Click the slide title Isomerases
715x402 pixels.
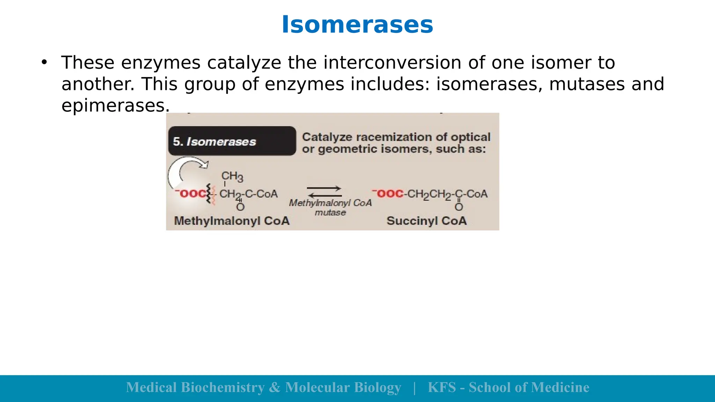click(357, 25)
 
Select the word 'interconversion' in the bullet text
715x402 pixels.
click(392, 63)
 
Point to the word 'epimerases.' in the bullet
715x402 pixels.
click(116, 105)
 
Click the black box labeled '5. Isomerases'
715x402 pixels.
click(232, 141)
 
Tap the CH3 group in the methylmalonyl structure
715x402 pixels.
click(232, 177)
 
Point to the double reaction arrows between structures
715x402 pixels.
click(324, 192)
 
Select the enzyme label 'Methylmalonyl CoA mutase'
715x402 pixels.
click(330, 207)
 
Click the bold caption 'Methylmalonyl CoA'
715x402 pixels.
click(232, 221)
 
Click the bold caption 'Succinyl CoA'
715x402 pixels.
click(426, 221)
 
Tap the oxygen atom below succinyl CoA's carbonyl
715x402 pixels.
click(459, 207)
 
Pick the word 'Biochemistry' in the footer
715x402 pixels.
click(223, 387)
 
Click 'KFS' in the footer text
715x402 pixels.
click(442, 387)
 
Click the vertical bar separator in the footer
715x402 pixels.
click(414, 388)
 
